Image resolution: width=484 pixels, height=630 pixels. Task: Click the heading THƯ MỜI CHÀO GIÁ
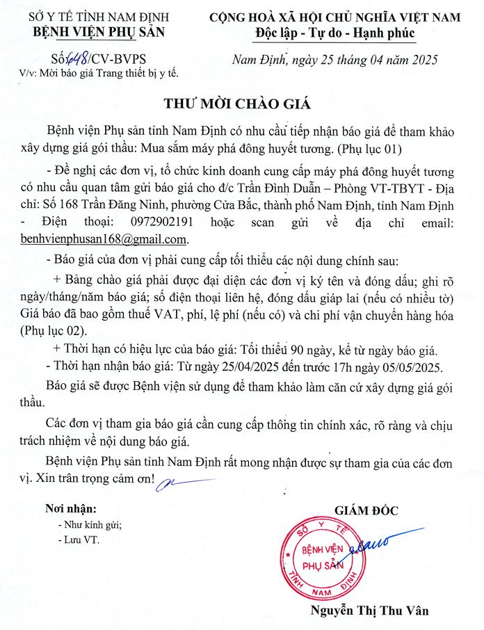point(236,104)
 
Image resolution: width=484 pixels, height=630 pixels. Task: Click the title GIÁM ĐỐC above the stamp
point(366,510)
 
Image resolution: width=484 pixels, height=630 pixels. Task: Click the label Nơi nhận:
point(72,509)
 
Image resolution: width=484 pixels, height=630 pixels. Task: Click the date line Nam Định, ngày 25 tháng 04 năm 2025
point(334,60)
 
